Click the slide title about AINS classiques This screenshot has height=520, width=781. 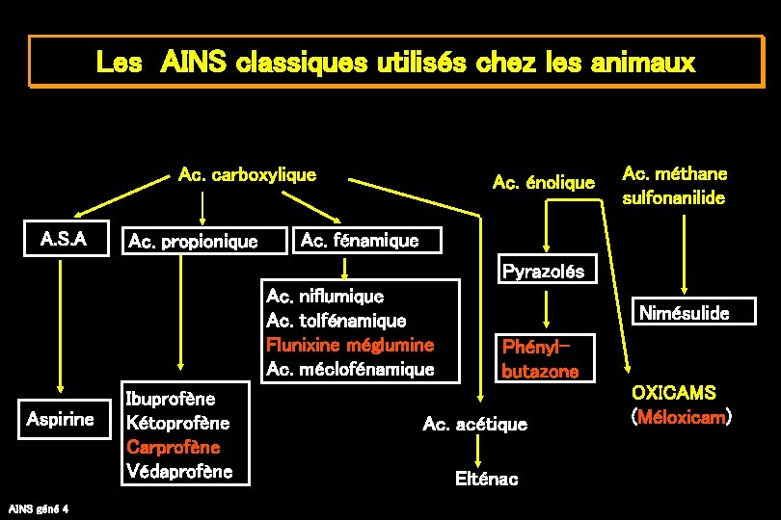(x=394, y=64)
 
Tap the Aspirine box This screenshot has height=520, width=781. (x=61, y=419)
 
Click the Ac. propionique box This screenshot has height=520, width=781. (x=193, y=241)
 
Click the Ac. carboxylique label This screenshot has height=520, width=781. (x=248, y=174)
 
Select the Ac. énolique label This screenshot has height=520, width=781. (x=543, y=181)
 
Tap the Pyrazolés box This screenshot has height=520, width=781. (x=543, y=272)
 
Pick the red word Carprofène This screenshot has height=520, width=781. (x=174, y=447)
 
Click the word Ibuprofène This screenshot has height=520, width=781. (x=171, y=398)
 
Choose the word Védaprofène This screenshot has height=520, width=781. (x=179, y=471)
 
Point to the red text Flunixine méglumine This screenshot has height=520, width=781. (x=350, y=345)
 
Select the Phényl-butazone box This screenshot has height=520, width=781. (x=540, y=357)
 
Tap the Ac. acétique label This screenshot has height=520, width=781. (x=475, y=424)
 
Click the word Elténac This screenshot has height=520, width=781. (x=487, y=479)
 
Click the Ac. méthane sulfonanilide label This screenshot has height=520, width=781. (x=675, y=186)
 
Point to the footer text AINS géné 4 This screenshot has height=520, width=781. (x=38, y=507)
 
